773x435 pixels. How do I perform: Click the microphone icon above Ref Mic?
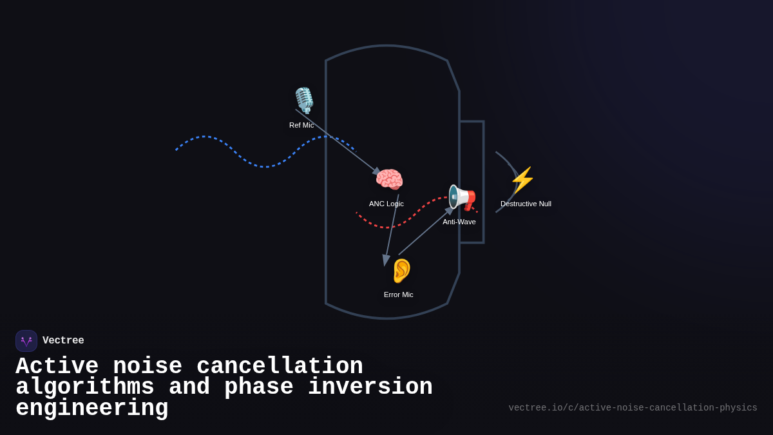pyautogui.click(x=304, y=101)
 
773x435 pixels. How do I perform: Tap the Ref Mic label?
pyautogui.click(x=301, y=125)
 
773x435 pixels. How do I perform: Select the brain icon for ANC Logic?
pyautogui.click(x=389, y=180)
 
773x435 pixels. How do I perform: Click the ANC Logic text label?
pyautogui.click(x=386, y=204)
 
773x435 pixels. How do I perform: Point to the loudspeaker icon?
pyautogui.click(x=462, y=197)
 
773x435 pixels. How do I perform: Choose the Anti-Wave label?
pyautogui.click(x=459, y=222)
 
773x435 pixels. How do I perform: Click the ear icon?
pyautogui.click(x=401, y=271)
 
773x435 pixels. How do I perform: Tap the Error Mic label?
pyautogui.click(x=399, y=295)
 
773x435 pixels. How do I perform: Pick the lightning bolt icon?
pyautogui.click(x=522, y=180)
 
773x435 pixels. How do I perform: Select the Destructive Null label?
pyautogui.click(x=526, y=204)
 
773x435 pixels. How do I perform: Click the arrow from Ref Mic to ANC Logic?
pyautogui.click(x=338, y=142)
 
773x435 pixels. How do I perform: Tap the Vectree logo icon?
pyautogui.click(x=26, y=341)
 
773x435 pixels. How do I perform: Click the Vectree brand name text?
pyautogui.click(x=63, y=341)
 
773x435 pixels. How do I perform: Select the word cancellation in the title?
pyautogui.click(x=280, y=367)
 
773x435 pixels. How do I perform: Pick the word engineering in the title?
pyautogui.click(x=92, y=409)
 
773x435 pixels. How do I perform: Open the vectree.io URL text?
pyautogui.click(x=633, y=408)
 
